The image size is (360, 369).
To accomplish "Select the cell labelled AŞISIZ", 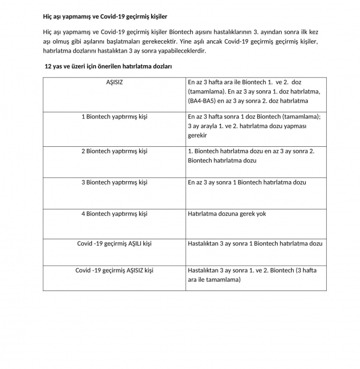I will point(114,82).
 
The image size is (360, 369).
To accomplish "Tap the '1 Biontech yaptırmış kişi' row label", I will point(114,116).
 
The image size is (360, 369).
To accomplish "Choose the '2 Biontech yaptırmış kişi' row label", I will point(114,151).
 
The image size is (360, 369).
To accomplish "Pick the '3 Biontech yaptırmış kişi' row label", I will point(114,182).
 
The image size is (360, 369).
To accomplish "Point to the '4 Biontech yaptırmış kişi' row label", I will point(114,214).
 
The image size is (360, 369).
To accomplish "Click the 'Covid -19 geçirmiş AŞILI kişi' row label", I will point(114,244).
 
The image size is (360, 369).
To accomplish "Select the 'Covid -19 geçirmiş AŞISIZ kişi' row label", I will point(114,270).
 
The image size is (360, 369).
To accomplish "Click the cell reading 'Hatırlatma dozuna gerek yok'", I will point(227,214).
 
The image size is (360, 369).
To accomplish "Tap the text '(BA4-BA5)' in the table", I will point(202,101).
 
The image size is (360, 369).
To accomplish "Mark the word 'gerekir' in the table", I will point(197,136).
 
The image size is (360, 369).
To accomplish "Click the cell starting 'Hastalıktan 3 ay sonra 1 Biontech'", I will point(255,244).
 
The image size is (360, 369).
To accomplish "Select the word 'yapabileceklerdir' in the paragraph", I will point(179,51).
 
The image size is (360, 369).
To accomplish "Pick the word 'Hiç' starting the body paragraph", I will point(48,31).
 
